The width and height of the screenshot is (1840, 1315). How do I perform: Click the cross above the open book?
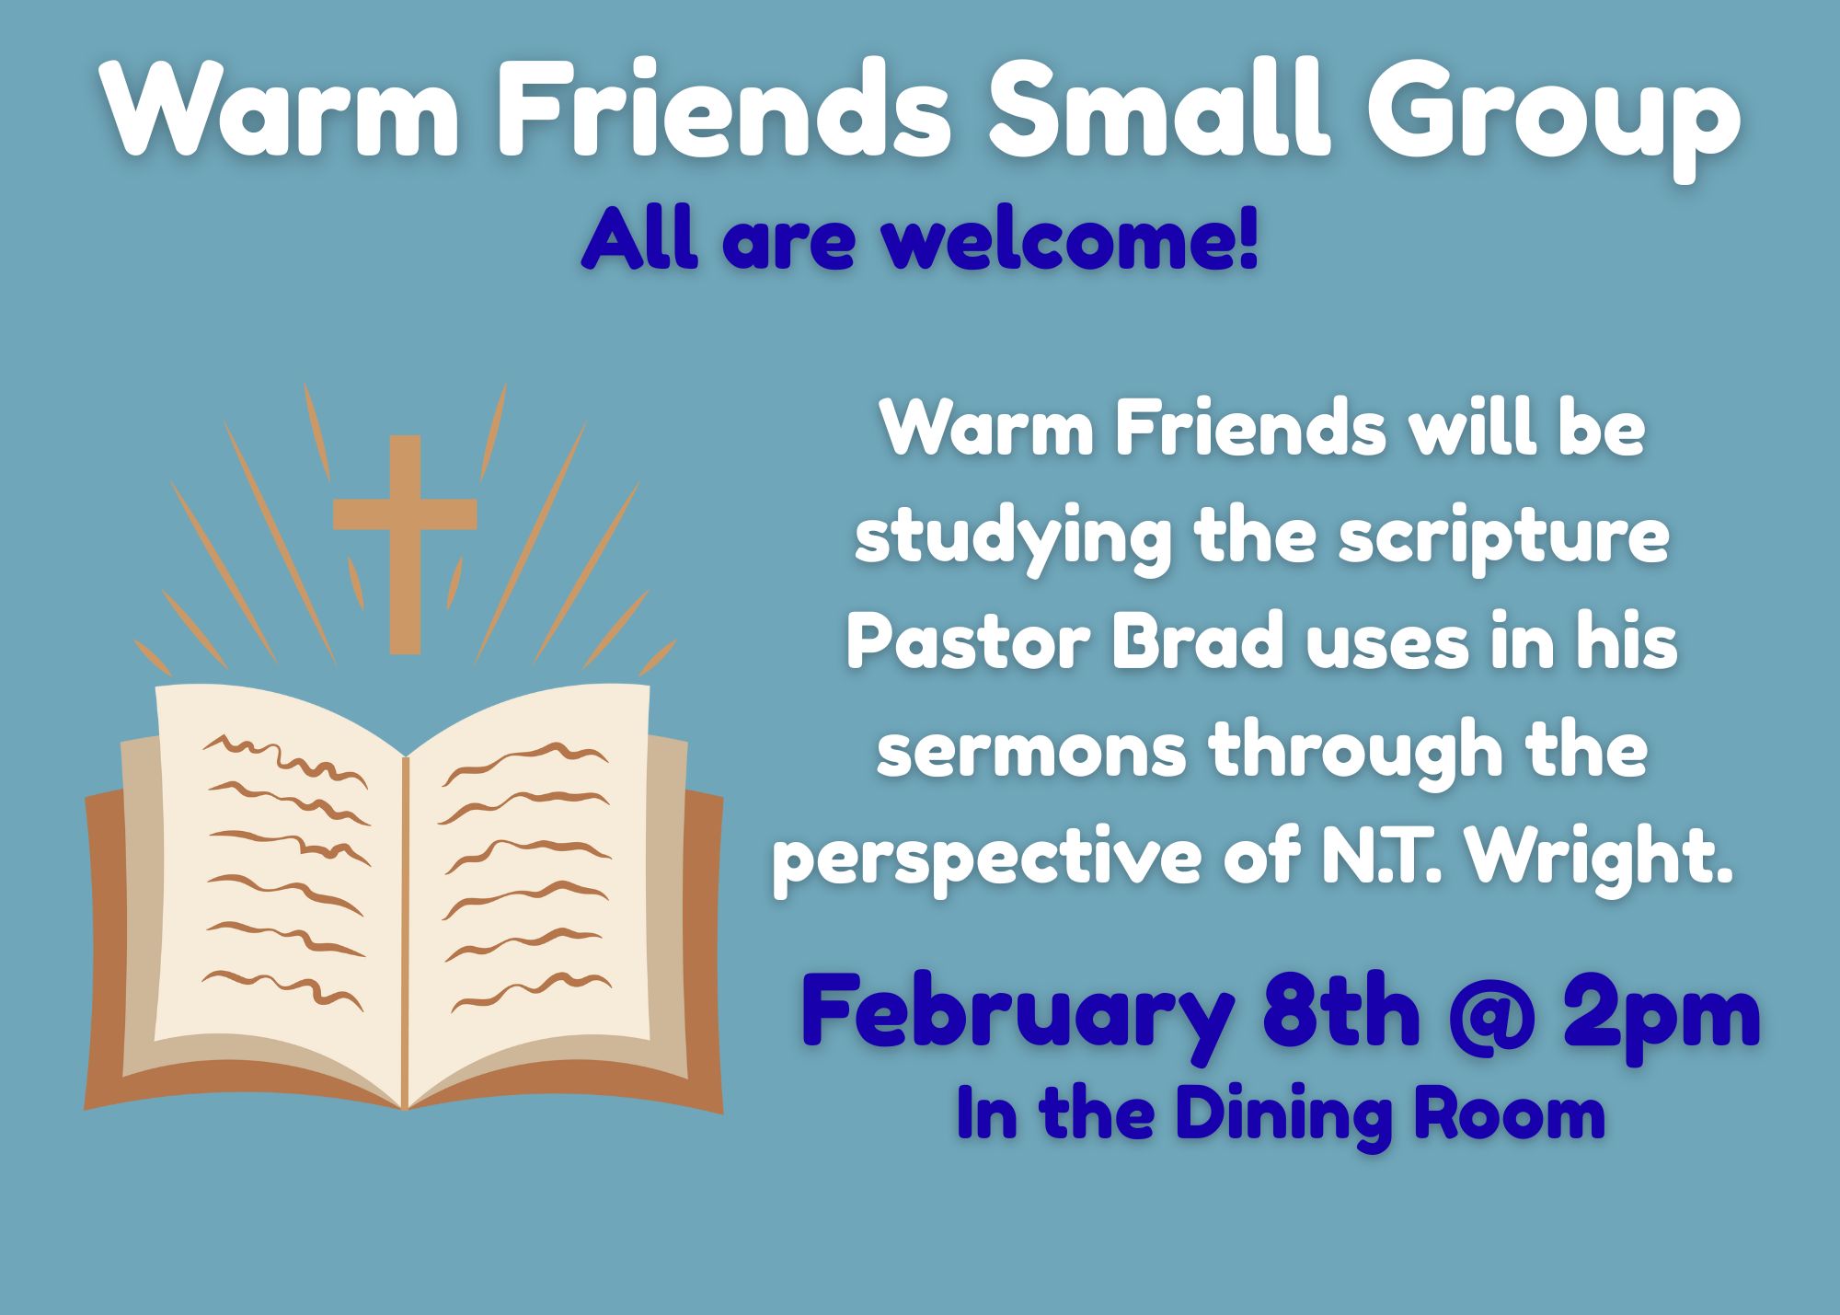coord(405,544)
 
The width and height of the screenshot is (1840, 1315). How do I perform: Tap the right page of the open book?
coord(529,883)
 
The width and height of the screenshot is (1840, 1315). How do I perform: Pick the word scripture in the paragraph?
coord(1503,539)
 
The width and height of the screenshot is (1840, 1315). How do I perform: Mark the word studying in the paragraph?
coord(1013,539)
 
